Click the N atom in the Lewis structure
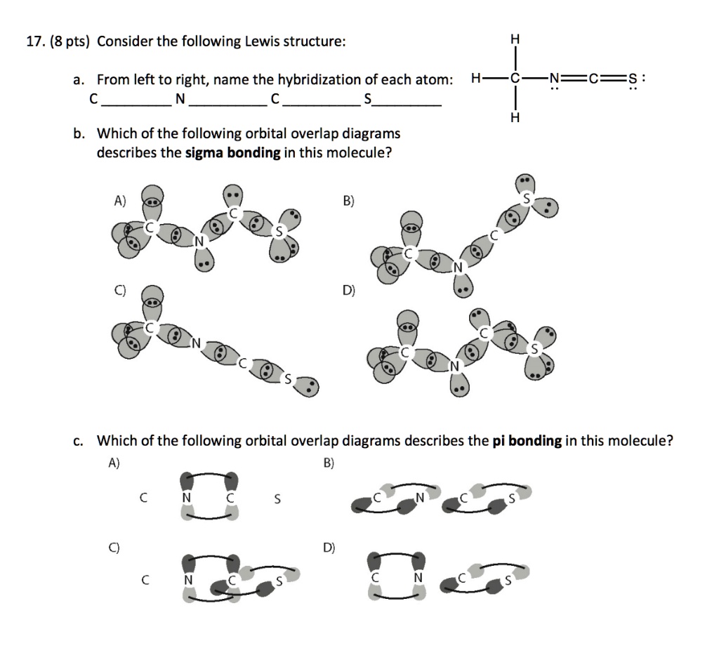point(556,79)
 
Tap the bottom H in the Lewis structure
point(515,118)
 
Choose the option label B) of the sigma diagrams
point(348,202)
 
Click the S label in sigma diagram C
point(286,378)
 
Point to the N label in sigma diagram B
point(458,267)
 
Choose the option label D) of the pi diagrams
point(328,546)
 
